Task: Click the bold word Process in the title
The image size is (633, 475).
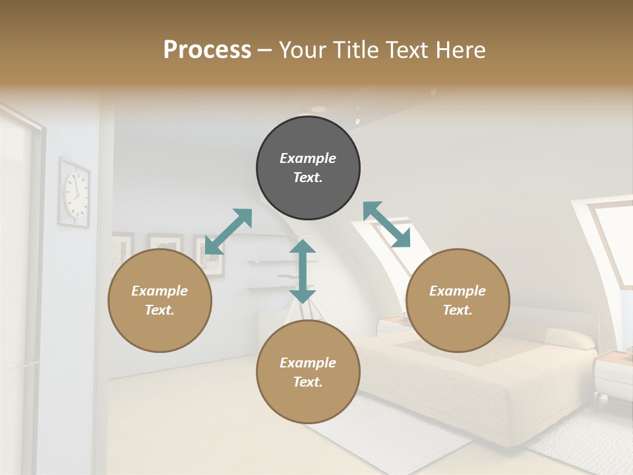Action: (207, 50)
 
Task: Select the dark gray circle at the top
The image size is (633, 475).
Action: (308, 168)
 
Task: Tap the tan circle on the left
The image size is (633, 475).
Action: (160, 300)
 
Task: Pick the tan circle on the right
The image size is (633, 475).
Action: (458, 300)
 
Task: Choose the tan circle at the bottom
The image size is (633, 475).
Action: (308, 372)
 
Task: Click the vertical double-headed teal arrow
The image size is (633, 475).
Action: (303, 271)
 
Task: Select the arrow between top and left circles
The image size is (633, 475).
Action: (228, 231)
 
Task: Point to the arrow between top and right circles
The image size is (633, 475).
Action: (386, 224)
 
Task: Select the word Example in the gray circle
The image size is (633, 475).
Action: (308, 158)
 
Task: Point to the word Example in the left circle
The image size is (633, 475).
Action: (160, 291)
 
